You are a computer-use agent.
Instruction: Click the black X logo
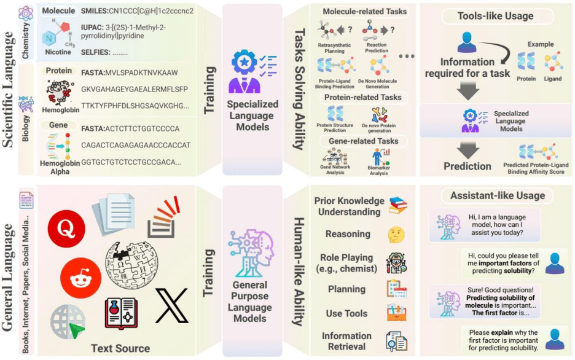[x=171, y=305]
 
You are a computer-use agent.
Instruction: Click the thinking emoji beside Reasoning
[x=395, y=235]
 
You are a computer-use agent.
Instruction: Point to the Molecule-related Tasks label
[x=364, y=11]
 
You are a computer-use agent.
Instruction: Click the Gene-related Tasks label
[x=362, y=141]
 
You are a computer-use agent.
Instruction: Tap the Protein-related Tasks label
[x=363, y=97]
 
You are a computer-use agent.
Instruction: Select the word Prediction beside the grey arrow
[x=467, y=166]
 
